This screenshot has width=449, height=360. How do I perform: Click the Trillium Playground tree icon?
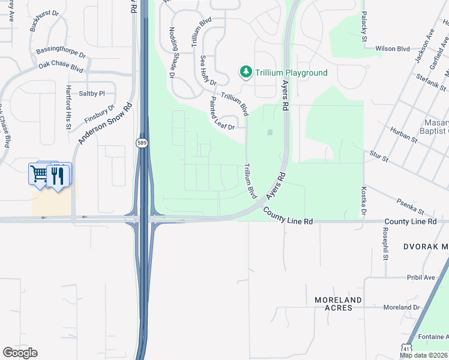pyautogui.click(x=246, y=73)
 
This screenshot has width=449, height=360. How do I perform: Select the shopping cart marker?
pyautogui.click(x=40, y=174)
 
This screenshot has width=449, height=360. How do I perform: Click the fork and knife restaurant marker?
pyautogui.click(x=58, y=175)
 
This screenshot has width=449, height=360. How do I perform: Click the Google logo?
pyautogui.click(x=20, y=353)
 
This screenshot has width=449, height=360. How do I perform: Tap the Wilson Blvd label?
pyautogui.click(x=392, y=49)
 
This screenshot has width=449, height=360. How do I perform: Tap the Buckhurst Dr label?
pyautogui.click(x=46, y=20)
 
